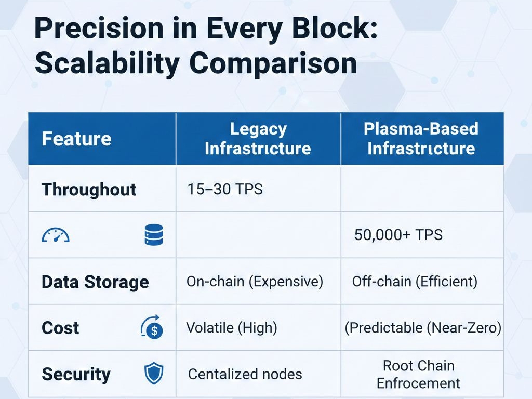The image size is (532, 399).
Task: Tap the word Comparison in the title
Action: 273,63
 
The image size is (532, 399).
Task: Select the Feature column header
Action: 76,139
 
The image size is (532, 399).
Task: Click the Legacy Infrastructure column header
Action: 258,139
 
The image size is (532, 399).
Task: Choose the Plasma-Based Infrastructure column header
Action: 421,139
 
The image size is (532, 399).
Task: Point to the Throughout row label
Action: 89,189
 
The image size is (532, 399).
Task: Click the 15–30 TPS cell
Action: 225,189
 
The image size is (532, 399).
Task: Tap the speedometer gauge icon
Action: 56,235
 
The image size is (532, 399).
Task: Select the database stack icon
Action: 154,234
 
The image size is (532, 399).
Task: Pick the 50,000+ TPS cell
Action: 398,235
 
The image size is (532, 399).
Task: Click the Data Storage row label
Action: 95,282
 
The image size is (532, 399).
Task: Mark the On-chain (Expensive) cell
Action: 255,282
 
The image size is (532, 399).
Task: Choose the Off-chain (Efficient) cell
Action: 415,282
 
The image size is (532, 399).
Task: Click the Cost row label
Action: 60,328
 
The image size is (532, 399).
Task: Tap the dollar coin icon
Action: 152,327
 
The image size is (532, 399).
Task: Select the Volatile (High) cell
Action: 232,328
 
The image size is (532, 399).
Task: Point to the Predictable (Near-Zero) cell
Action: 423,328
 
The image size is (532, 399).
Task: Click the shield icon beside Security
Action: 154,374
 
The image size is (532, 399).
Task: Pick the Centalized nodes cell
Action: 245,374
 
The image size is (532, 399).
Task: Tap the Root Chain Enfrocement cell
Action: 418,375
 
